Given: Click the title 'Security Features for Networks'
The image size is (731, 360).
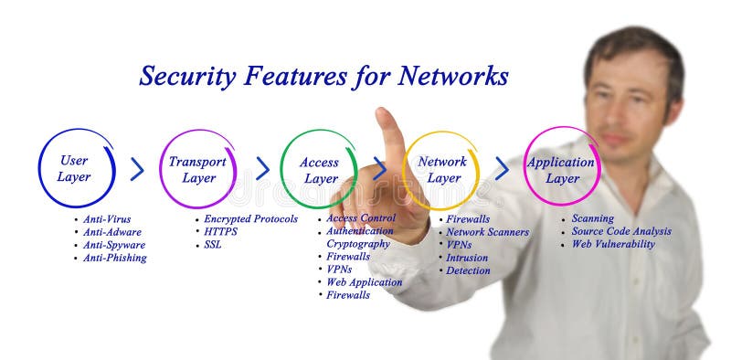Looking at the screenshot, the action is click(323, 76).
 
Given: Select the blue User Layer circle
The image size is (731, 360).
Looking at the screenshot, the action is click(76, 169).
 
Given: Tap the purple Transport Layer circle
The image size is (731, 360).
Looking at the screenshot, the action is click(197, 169).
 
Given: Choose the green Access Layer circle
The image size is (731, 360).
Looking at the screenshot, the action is click(318, 170).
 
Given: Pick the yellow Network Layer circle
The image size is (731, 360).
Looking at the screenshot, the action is click(441, 169).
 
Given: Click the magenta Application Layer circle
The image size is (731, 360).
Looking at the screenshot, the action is click(561, 168).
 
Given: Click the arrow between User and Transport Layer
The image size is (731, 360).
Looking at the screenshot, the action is click(137, 169).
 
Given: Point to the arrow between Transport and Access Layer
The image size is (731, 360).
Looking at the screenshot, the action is click(262, 169).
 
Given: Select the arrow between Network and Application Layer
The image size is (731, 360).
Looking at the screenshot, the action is click(502, 169).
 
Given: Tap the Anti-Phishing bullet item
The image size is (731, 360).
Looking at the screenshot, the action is click(114, 258).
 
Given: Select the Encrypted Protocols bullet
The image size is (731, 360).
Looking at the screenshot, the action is click(249, 219).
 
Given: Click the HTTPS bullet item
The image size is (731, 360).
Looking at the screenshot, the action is click(222, 232).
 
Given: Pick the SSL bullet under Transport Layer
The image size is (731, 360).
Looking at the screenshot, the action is click(213, 245).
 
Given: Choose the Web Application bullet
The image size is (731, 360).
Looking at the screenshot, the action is click(364, 282).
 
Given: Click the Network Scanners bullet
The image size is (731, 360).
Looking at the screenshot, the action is click(487, 232).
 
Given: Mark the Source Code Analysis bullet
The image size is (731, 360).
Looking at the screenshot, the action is click(620, 231).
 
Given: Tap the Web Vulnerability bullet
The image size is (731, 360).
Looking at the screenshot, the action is click(612, 244).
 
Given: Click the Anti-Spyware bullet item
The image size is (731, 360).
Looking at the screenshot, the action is click(114, 245).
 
